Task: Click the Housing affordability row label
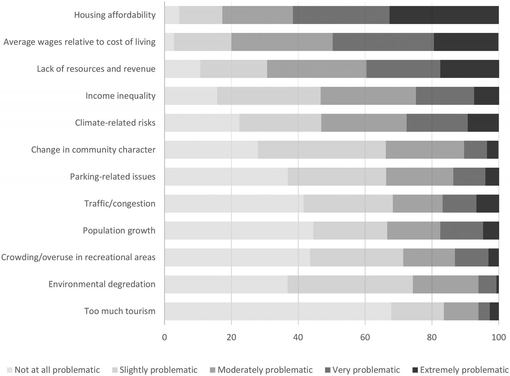tap(114, 15)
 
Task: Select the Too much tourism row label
tap(120, 311)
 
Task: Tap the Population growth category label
tap(119, 230)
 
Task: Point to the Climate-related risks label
tap(115, 123)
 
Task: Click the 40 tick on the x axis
tap(298, 337)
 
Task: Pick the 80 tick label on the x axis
tap(432, 337)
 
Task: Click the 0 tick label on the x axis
tap(164, 337)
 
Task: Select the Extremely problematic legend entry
tap(460, 370)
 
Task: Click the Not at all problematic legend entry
tap(53, 370)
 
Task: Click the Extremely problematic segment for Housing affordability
tap(444, 15)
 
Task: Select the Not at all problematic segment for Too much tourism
tap(278, 311)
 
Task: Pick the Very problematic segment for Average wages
tap(383, 42)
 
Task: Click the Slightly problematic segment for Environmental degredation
tap(350, 284)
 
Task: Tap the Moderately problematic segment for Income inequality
tap(368, 96)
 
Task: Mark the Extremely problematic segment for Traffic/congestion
tap(487, 203)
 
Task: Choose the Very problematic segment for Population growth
tap(461, 230)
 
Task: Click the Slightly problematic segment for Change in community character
tap(322, 150)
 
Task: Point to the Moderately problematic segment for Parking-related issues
tap(419, 176)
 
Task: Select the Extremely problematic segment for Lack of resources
tap(469, 69)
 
